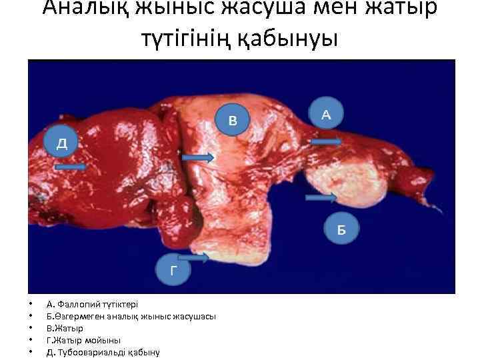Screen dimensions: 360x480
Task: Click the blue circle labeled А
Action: click(x=326, y=115)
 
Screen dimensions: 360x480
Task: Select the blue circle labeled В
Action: click(x=232, y=120)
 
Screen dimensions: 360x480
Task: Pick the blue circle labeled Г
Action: click(x=173, y=270)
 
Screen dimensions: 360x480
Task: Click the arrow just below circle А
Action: click(x=327, y=141)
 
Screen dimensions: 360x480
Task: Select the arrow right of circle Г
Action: click(x=194, y=257)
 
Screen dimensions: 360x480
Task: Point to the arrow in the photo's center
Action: click(x=198, y=157)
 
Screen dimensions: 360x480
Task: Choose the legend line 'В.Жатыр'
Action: click(x=65, y=328)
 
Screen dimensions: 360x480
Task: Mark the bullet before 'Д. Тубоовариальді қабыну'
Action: click(x=31, y=352)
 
